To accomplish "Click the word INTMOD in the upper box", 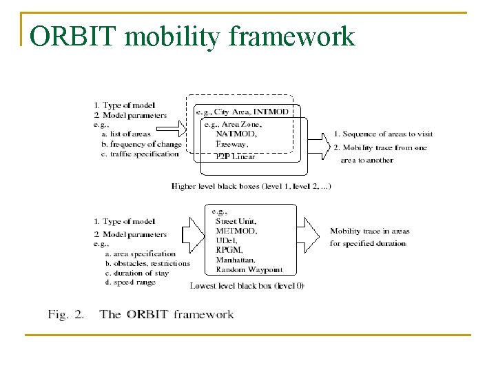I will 274,112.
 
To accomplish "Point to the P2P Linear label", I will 234,156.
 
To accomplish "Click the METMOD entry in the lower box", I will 236,231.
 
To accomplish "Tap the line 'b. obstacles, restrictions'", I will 147,263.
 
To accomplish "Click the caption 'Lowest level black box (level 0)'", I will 247,285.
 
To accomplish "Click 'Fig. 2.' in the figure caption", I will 66,315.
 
